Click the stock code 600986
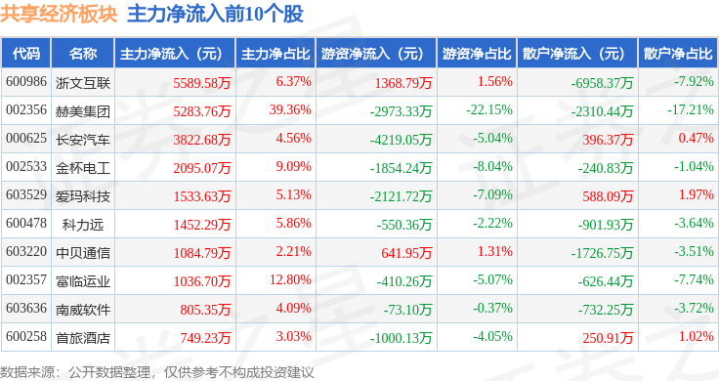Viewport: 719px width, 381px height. click(x=26, y=82)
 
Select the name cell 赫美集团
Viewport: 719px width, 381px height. click(x=83, y=111)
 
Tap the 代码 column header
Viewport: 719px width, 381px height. click(x=26, y=54)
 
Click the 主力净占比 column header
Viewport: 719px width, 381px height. click(x=275, y=54)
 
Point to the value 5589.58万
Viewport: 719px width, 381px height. click(x=202, y=83)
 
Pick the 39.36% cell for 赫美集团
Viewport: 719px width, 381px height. click(x=290, y=110)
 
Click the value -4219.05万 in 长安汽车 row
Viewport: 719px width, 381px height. click(x=401, y=140)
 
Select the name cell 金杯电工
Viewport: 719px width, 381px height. click(x=83, y=168)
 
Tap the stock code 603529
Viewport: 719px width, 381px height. click(x=26, y=194)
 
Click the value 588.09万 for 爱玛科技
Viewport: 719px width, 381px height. click(x=608, y=196)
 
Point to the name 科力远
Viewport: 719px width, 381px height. click(x=83, y=225)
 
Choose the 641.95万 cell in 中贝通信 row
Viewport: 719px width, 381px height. click(x=406, y=253)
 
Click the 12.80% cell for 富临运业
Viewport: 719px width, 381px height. click(x=290, y=279)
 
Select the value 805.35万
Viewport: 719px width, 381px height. click(x=205, y=310)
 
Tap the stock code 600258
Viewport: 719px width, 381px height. click(x=26, y=336)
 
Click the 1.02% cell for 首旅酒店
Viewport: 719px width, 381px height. click(x=697, y=336)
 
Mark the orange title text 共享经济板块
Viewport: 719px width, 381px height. click(x=59, y=15)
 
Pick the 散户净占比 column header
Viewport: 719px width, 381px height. click(x=678, y=54)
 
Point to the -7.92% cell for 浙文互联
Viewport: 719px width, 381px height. click(x=694, y=82)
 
